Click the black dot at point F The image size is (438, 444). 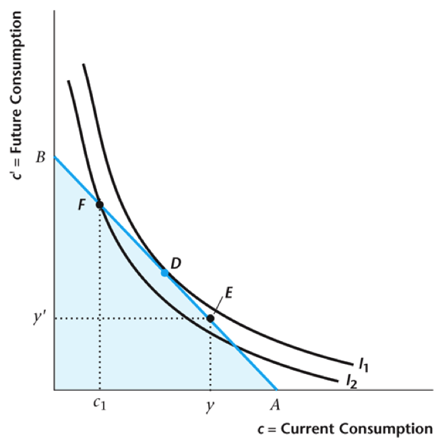[x=100, y=204]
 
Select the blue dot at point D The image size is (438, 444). [x=164, y=272]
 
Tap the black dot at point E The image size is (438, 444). [x=210, y=318]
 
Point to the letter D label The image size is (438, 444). [x=175, y=263]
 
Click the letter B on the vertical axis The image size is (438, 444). [x=40, y=158]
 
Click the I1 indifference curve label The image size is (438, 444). [x=363, y=365]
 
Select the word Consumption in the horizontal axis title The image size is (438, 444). [x=382, y=429]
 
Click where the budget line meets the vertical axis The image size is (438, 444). [x=54, y=156]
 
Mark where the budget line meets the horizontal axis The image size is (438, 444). [x=277, y=390]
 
